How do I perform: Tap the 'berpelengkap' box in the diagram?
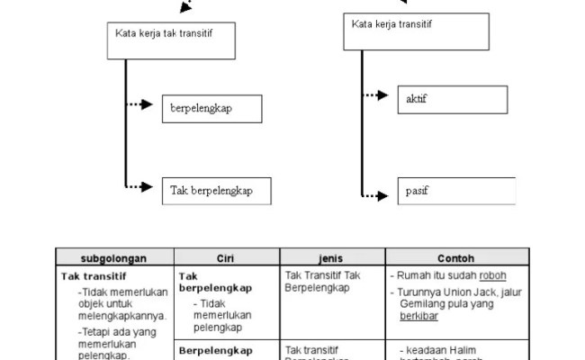click(x=212, y=109)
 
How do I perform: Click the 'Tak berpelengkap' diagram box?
click(x=216, y=190)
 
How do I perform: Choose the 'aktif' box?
click(x=455, y=98)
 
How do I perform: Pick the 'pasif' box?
click(x=455, y=191)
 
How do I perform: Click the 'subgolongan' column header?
click(x=113, y=256)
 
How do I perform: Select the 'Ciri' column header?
click(x=226, y=256)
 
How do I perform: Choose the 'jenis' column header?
click(x=332, y=256)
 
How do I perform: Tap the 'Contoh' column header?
click(x=457, y=256)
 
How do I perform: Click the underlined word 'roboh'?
click(x=494, y=275)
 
